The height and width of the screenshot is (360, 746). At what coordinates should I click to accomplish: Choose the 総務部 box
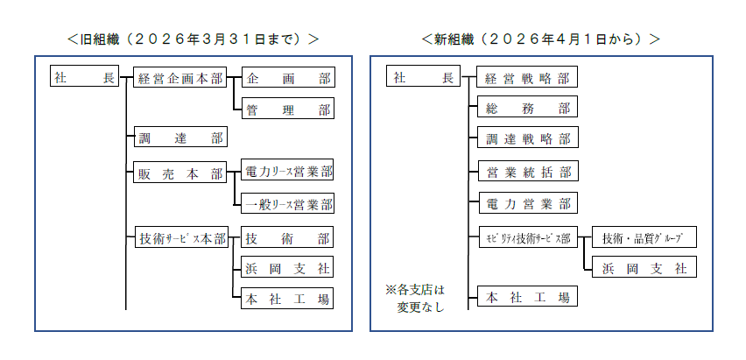(x=527, y=109)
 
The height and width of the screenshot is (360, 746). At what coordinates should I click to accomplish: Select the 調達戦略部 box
(x=527, y=139)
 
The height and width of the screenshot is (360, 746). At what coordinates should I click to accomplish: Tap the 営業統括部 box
(x=527, y=172)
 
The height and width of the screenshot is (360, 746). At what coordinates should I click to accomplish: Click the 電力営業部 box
(x=527, y=205)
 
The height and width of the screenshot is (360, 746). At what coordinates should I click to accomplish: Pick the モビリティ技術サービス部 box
(x=527, y=238)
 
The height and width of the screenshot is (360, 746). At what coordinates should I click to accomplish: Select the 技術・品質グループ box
(x=643, y=238)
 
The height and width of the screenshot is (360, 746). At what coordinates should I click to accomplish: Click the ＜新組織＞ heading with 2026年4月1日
(x=540, y=39)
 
